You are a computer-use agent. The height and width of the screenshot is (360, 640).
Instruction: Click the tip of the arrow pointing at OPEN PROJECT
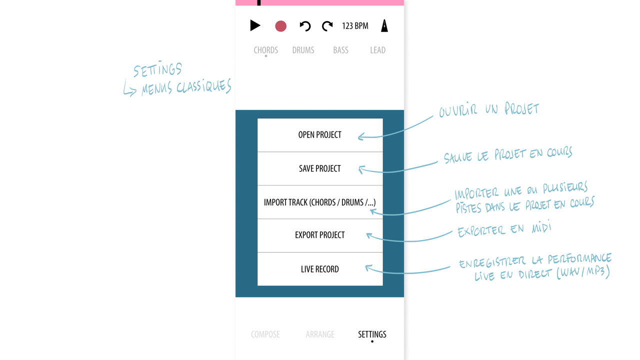pyautogui.click(x=358, y=137)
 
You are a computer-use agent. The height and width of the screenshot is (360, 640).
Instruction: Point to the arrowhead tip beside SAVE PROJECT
pyautogui.click(x=359, y=168)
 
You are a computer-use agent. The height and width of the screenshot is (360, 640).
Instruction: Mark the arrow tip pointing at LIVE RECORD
pyautogui.click(x=365, y=267)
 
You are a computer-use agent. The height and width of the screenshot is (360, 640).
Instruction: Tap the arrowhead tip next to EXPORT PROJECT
pyautogui.click(x=367, y=234)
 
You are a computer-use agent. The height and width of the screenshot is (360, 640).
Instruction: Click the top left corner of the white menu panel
pyautogui.click(x=257, y=118)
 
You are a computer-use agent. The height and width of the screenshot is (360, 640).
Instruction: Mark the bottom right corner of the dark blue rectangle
pyautogui.click(x=404, y=297)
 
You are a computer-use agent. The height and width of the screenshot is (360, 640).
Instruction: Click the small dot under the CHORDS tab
pyautogui.click(x=265, y=56)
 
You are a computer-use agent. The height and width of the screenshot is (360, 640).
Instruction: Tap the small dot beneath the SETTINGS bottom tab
pyautogui.click(x=372, y=341)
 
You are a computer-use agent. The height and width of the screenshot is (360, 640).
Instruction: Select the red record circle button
pyautogui.click(x=280, y=26)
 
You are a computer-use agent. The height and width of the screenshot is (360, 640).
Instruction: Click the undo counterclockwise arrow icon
pyautogui.click(x=305, y=26)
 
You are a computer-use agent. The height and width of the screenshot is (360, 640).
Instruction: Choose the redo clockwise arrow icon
pyautogui.click(x=327, y=26)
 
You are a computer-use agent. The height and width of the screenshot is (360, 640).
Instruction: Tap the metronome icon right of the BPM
pyautogui.click(x=384, y=25)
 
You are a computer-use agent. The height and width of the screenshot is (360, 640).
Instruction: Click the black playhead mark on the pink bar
pyautogui.click(x=259, y=2)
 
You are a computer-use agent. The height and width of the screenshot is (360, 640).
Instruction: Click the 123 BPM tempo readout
pyautogui.click(x=355, y=26)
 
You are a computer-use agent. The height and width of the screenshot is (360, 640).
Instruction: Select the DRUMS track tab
pyautogui.click(x=303, y=50)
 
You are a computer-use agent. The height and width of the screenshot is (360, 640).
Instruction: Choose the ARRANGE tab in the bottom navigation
pyautogui.click(x=320, y=334)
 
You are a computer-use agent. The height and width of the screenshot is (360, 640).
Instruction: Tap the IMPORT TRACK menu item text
pyautogui.click(x=319, y=202)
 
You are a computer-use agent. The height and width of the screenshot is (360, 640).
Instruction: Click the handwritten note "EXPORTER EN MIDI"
pyautogui.click(x=504, y=229)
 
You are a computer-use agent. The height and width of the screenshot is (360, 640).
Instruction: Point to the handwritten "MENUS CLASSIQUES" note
pyautogui.click(x=186, y=87)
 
